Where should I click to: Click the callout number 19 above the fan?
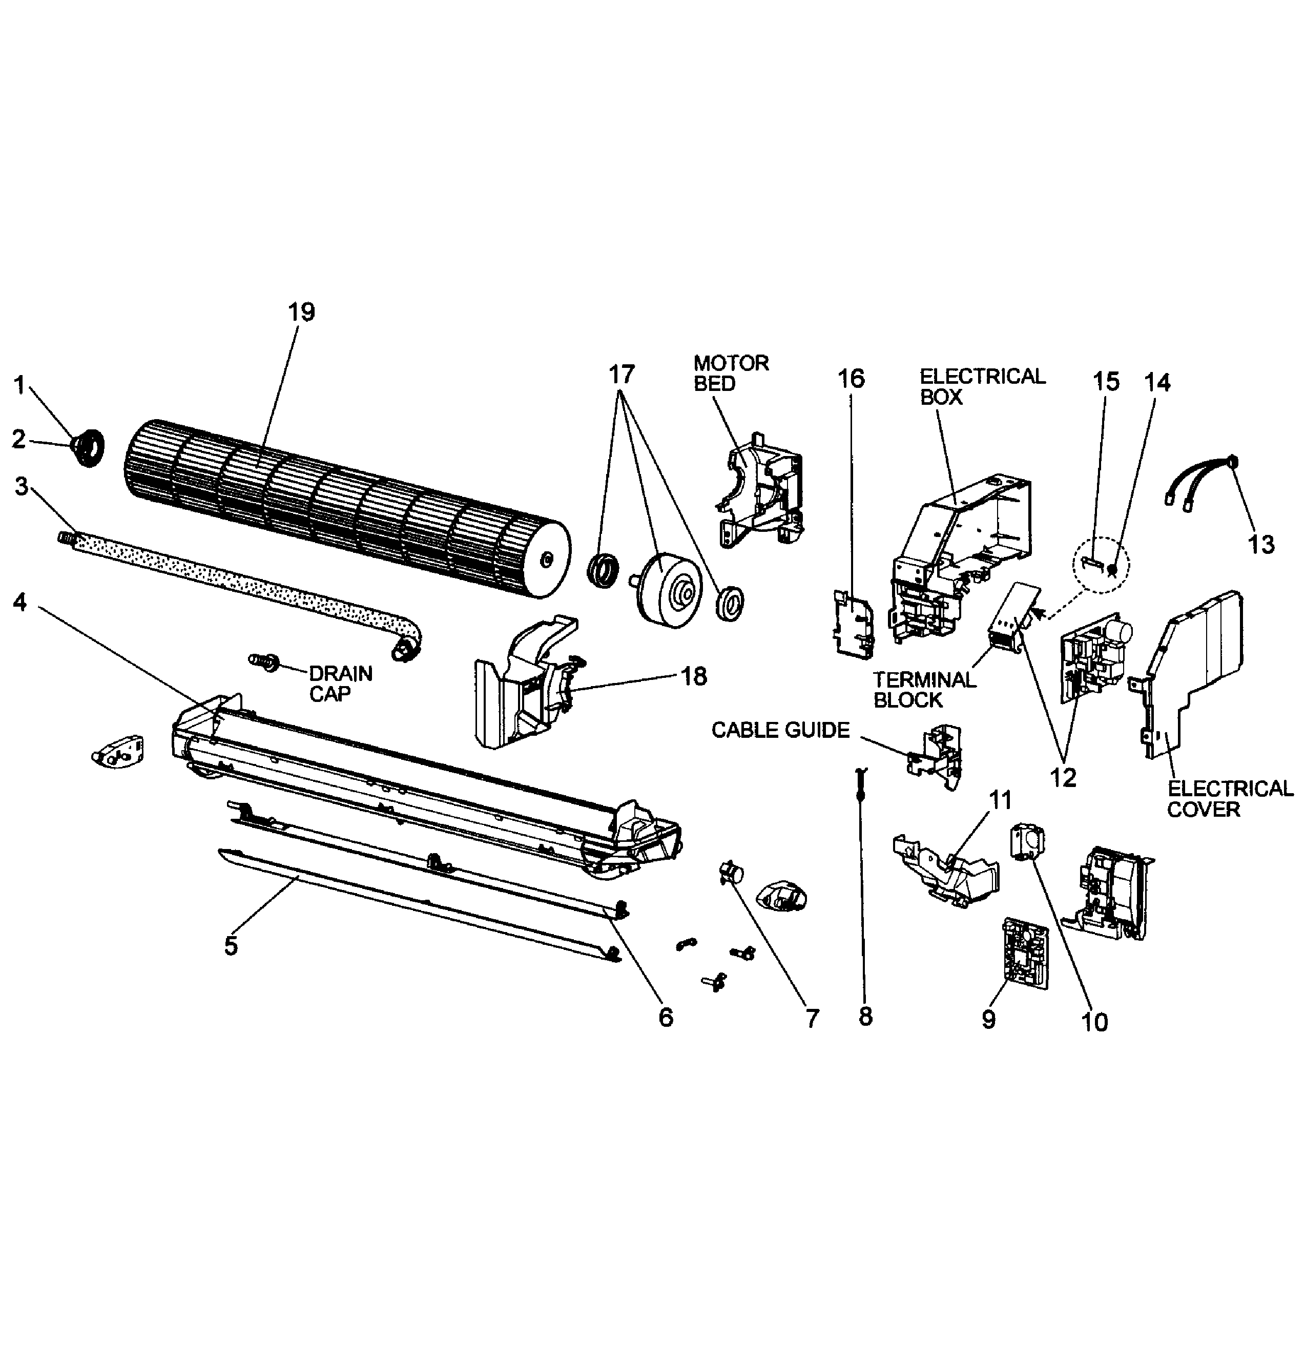pos(301,312)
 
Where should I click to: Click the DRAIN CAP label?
pos(340,683)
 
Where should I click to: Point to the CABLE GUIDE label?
pos(780,730)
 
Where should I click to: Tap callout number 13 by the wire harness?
pos(1261,544)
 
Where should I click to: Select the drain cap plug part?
pos(264,660)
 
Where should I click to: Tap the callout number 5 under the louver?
pos(231,945)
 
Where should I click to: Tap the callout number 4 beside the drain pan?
pos(19,603)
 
